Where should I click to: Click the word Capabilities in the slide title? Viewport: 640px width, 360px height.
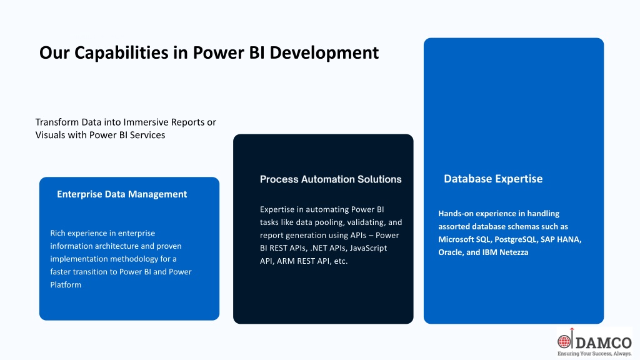pos(121,53)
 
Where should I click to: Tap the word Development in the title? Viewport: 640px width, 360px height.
pos(324,52)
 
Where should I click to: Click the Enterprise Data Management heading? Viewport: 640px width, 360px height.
pos(122,194)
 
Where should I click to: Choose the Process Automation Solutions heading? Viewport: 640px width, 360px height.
pos(331,179)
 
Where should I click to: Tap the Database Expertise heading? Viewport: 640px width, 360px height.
pos(493,179)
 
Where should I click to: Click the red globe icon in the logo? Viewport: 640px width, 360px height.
pos(564,341)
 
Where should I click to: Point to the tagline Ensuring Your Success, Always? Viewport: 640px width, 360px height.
pos(594,354)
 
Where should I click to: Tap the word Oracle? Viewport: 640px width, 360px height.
pos(450,252)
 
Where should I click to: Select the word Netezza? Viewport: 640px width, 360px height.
pos(514,252)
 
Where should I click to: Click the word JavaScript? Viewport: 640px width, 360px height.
pos(368,248)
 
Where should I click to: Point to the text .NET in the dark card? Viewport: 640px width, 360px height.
pos(318,248)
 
